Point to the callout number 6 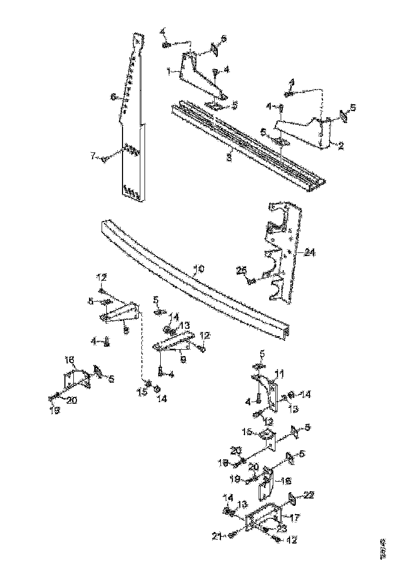click(112, 97)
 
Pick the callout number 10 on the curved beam click(198, 269)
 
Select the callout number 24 click(310, 252)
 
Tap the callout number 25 click(241, 270)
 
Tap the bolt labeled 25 click(251, 281)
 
